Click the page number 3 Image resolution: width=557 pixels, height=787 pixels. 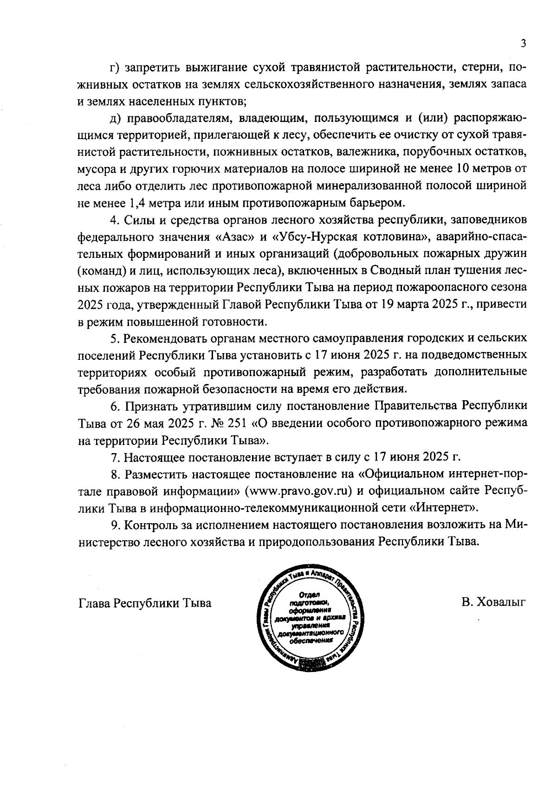(523, 44)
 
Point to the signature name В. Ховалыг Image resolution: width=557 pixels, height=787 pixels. (493, 603)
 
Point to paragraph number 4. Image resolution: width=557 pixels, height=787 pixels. (114, 220)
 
